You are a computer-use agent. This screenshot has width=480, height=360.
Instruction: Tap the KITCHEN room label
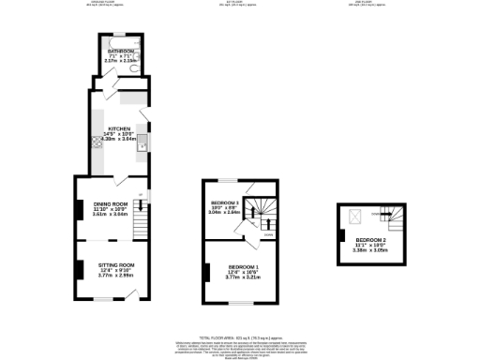click(x=119, y=128)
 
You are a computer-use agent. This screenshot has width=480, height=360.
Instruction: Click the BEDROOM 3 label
click(x=225, y=202)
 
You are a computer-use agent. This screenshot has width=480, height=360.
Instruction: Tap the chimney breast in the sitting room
click(x=78, y=269)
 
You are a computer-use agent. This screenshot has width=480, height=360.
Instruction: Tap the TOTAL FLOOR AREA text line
click(x=240, y=336)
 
